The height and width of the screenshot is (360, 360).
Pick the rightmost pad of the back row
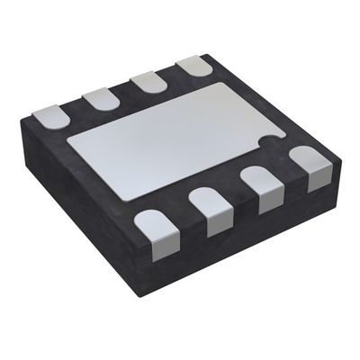(x=192, y=67)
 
